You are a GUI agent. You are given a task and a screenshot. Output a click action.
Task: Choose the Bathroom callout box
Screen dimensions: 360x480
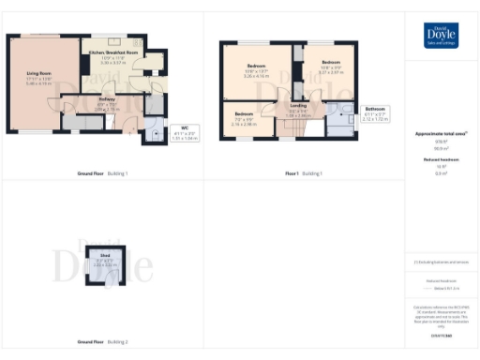375,113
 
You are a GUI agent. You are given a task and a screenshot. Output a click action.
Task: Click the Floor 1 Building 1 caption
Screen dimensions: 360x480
303,174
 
